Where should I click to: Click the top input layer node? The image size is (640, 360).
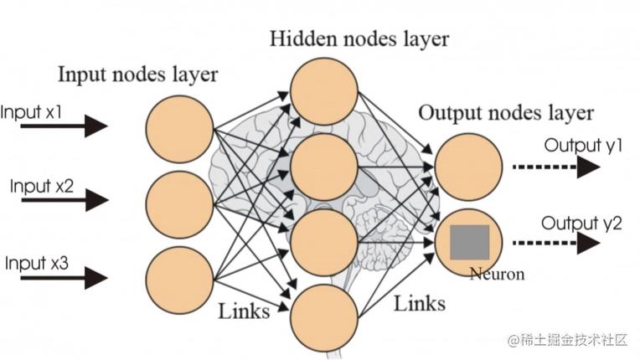(179, 128)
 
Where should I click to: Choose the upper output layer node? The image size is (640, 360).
(469, 167)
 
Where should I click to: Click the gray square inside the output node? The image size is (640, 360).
(470, 242)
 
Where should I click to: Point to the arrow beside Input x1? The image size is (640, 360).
(65, 126)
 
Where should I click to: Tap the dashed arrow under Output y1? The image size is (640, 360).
(556, 167)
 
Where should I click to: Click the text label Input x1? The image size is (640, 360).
(32, 111)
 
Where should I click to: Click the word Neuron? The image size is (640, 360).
(497, 274)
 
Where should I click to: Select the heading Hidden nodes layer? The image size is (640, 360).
(359, 39)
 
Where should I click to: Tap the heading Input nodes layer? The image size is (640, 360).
(137, 75)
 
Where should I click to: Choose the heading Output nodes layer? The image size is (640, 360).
(506, 113)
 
